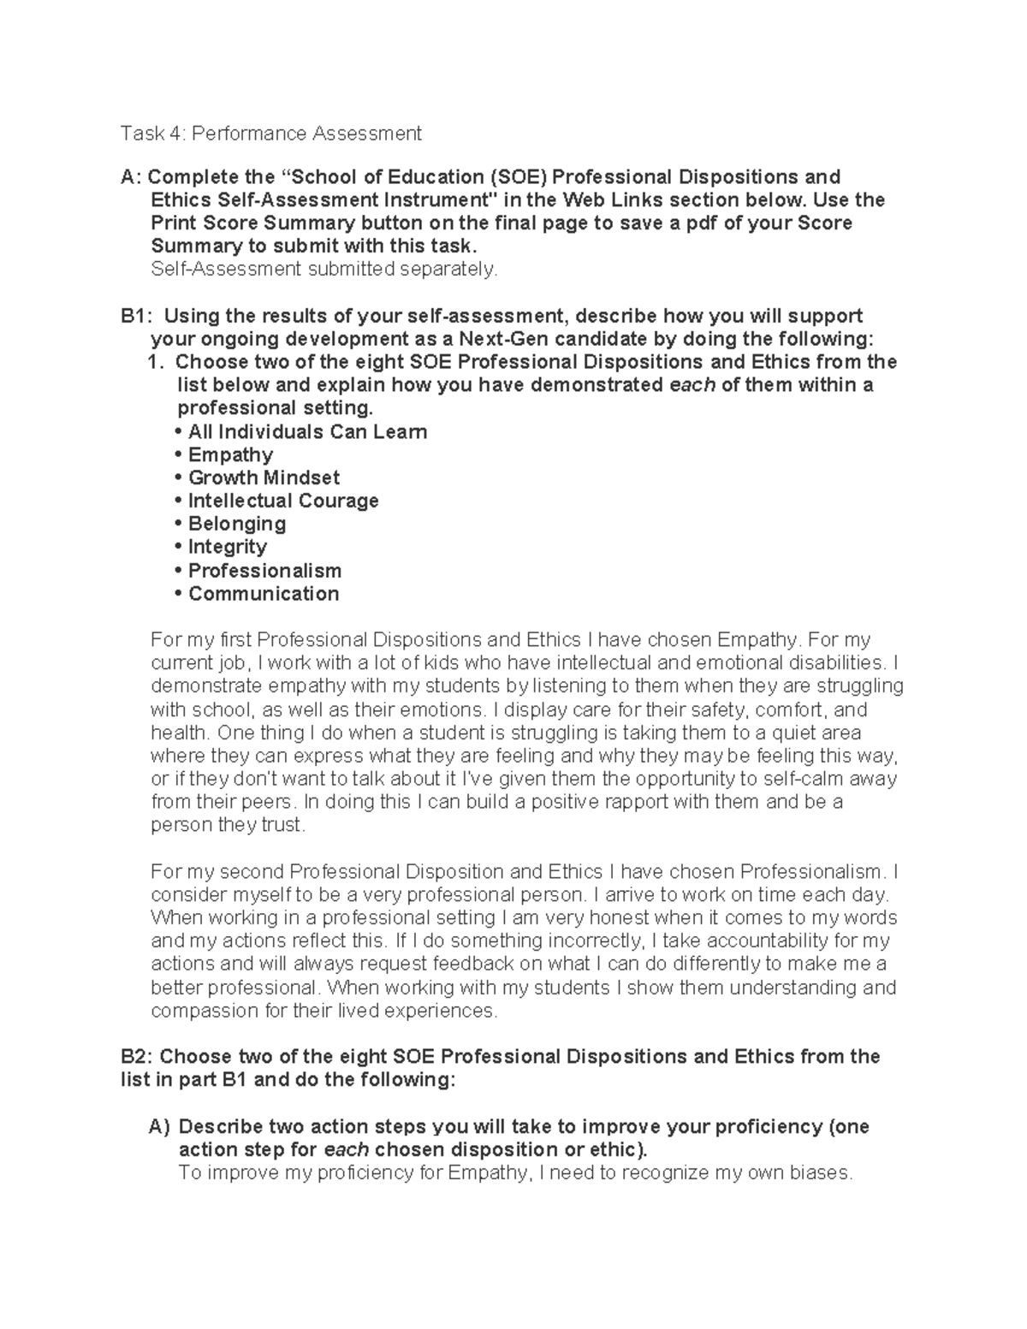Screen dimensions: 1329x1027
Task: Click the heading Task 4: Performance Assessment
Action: (271, 133)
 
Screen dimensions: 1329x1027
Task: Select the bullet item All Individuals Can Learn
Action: (306, 431)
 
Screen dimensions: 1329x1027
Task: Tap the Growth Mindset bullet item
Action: (264, 478)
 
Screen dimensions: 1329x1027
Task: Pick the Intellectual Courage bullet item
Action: (282, 501)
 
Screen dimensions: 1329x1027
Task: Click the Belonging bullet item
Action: (236, 524)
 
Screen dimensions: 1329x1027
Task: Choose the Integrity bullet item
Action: (227, 547)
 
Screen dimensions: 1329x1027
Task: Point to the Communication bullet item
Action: (263, 594)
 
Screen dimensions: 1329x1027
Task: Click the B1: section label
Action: (135, 316)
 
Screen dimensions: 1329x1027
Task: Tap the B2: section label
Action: (137, 1057)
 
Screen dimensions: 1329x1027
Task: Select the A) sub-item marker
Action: (160, 1126)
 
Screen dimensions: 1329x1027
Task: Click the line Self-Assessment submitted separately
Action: (324, 270)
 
